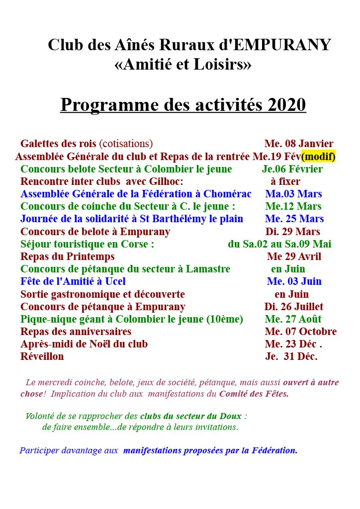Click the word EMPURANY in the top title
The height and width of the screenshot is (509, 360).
282,45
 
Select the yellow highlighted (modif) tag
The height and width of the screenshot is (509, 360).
318,157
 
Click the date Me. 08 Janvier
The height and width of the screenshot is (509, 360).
299,144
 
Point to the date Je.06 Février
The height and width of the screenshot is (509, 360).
292,169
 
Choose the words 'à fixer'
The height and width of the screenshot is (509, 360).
285,181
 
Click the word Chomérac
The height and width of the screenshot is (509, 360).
228,194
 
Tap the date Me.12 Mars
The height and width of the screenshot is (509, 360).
293,206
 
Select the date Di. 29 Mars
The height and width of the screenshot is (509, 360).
292,232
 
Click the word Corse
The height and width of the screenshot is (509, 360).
137,244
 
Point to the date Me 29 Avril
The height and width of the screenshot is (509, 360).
294,256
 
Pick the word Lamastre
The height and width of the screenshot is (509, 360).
208,269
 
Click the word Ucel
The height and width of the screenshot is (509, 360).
115,281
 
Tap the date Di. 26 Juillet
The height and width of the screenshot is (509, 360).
293,307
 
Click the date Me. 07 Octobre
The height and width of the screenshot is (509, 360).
300,332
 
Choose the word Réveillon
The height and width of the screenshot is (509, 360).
42,356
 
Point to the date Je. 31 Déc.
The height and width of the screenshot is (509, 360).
291,356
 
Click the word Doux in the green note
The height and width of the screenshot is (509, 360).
233,416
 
